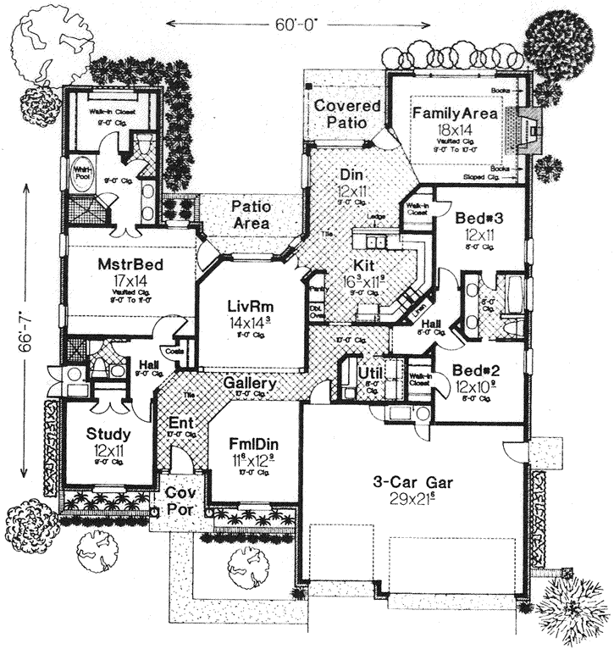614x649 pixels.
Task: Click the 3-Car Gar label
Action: pyautogui.click(x=412, y=483)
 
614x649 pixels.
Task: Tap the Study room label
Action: pyautogui.click(x=108, y=434)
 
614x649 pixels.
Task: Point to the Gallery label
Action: pyautogui.click(x=251, y=384)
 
